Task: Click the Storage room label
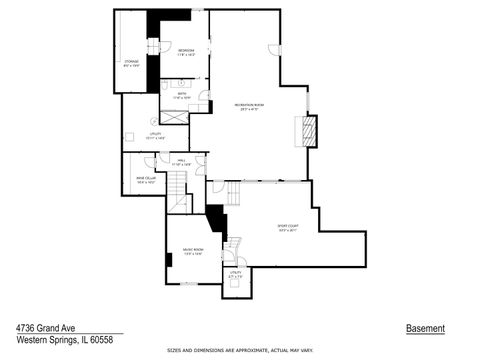tap(131, 65)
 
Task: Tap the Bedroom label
tap(186, 52)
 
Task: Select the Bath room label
tap(182, 97)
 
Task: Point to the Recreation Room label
tap(249, 107)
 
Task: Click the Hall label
tap(183, 161)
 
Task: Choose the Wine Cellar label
tap(146, 180)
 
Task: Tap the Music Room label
tap(193, 251)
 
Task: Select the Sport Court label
tap(290, 227)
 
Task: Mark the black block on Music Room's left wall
tap(170, 260)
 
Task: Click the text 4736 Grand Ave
tap(44, 328)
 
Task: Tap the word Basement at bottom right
tap(425, 329)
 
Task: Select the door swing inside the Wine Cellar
tap(150, 162)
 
